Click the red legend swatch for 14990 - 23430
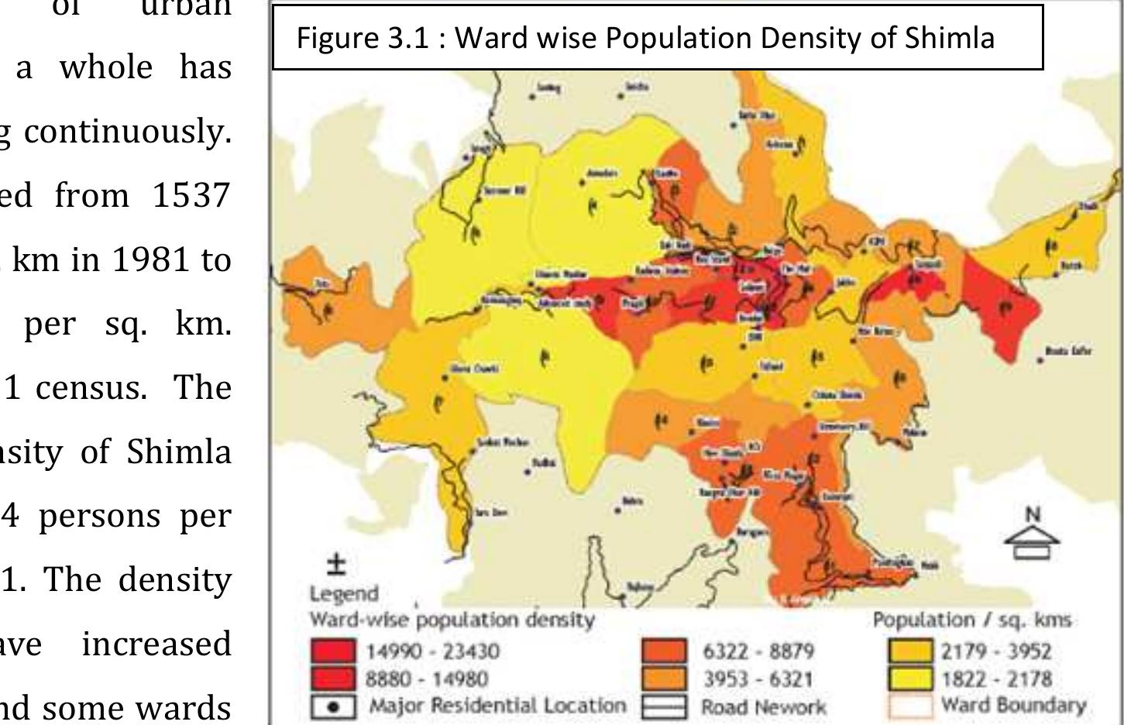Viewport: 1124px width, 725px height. pyautogui.click(x=333, y=651)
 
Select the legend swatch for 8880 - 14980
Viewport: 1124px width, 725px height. pyautogui.click(x=333, y=679)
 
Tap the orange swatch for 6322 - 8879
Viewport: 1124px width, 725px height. pyautogui.click(x=665, y=651)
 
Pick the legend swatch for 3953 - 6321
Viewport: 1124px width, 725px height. pyautogui.click(x=665, y=679)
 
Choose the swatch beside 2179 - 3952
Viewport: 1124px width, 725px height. pyautogui.click(x=911, y=651)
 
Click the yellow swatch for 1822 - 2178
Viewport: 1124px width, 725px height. pyautogui.click(x=911, y=679)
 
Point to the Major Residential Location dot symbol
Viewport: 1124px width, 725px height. pyautogui.click(x=333, y=706)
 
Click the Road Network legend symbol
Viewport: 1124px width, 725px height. pyautogui.click(x=665, y=706)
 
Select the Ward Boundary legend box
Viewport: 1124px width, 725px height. pyautogui.click(x=911, y=706)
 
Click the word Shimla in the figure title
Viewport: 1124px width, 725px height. pyautogui.click(x=950, y=37)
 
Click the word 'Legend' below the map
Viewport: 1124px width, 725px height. pyautogui.click(x=344, y=594)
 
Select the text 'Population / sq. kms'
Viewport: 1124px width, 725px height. pyautogui.click(x=972, y=620)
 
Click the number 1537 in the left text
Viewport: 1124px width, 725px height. pyautogui.click(x=191, y=194)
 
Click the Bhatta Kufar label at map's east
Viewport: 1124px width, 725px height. pyautogui.click(x=1068, y=352)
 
